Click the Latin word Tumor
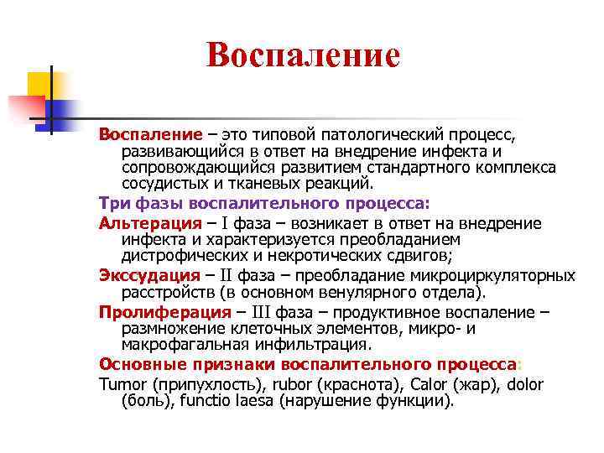(x=122, y=385)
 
